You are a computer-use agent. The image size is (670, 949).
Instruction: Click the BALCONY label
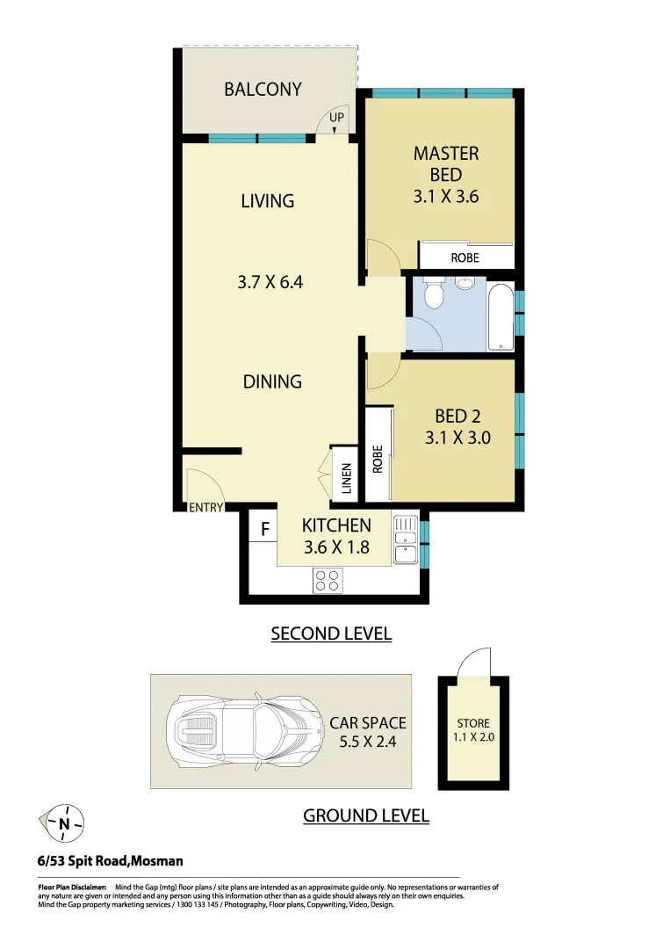pyautogui.click(x=263, y=89)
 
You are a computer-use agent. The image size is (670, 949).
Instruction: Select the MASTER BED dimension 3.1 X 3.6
pyautogui.click(x=445, y=197)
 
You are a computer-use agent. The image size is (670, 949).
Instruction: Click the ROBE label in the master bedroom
pyautogui.click(x=465, y=258)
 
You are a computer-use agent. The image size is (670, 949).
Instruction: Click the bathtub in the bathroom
pyautogui.click(x=501, y=316)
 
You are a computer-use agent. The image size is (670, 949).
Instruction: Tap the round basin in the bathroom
pyautogui.click(x=465, y=283)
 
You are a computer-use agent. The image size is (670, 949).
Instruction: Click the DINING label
pyautogui.click(x=272, y=381)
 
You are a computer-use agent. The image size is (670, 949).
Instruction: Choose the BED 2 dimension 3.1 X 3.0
pyautogui.click(x=457, y=438)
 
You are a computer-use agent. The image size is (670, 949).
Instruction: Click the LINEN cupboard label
pyautogui.click(x=346, y=478)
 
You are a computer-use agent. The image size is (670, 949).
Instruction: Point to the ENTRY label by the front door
pyautogui.click(x=206, y=507)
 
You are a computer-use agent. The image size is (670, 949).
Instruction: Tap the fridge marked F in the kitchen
pyautogui.click(x=263, y=530)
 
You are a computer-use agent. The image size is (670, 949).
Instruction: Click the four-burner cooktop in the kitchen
pyautogui.click(x=328, y=580)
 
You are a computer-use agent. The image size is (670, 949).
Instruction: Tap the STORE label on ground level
pyautogui.click(x=473, y=723)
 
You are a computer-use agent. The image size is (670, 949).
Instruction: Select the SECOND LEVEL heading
pyautogui.click(x=331, y=634)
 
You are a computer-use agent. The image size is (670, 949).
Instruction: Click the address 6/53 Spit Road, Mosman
pyautogui.click(x=111, y=861)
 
